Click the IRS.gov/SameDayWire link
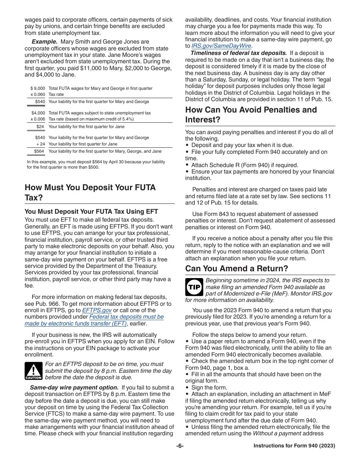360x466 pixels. point(221,46)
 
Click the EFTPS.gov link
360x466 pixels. point(97,310)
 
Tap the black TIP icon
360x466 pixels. point(194,287)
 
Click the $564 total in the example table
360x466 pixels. point(39,151)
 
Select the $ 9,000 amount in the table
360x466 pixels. point(38,88)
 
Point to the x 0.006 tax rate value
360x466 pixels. point(38,119)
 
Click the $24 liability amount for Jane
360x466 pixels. point(41,127)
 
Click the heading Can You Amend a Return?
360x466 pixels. point(236,269)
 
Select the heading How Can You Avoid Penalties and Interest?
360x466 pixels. point(251,114)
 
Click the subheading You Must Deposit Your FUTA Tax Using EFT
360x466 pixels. point(91,211)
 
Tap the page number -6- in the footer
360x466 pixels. point(180,446)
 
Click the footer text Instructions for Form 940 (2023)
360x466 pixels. point(294,446)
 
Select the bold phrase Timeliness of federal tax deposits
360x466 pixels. point(238,53)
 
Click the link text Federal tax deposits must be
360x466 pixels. point(126,317)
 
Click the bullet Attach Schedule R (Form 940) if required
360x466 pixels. point(244,165)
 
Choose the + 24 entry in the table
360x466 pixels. point(41,144)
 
